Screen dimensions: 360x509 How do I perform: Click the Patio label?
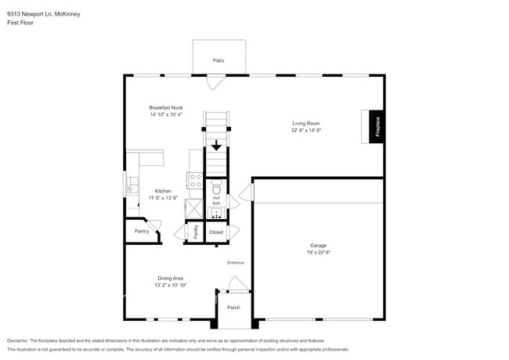219,60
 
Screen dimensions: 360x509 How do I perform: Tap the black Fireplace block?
377,126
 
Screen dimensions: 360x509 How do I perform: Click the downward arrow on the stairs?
216,146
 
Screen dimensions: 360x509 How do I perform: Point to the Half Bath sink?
216,211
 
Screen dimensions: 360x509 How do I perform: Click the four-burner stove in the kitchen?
195,184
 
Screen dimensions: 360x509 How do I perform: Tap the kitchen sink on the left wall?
132,186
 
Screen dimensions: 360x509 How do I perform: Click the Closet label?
216,232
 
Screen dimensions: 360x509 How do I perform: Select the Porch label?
233,308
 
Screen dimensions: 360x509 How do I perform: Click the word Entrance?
236,262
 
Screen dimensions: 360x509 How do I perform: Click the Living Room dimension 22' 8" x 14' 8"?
306,131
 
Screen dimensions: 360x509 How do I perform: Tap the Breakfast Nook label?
166,107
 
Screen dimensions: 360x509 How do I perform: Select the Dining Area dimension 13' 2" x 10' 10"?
169,285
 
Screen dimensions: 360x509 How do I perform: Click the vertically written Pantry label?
195,232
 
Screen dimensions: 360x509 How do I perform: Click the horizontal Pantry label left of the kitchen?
142,232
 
